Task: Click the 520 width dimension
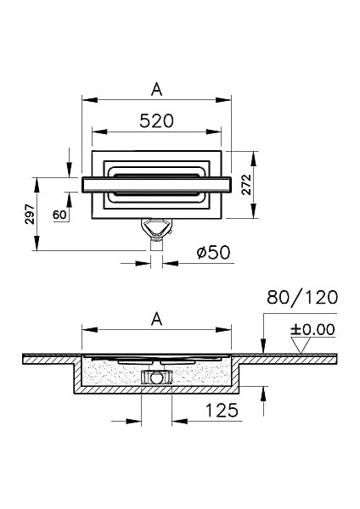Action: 156,120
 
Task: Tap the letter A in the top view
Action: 156,88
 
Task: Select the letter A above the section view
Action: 156,318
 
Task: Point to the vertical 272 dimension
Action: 246,191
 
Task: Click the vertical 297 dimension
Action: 28,214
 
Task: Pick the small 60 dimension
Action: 60,215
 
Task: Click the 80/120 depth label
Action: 302,297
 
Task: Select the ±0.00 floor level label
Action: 313,329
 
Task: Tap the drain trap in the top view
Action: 155,229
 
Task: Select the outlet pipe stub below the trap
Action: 155,246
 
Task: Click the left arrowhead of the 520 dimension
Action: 96,131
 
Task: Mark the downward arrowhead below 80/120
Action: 264,350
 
